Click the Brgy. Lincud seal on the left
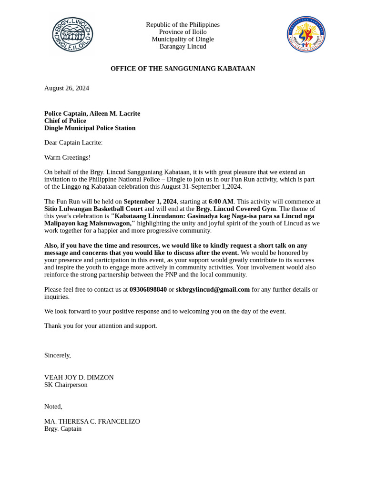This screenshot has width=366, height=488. click(72, 34)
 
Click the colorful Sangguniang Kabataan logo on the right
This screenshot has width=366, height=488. click(306, 34)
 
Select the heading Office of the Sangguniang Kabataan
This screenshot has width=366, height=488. click(183, 69)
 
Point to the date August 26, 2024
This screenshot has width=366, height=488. click(67, 88)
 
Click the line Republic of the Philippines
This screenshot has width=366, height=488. click(183, 25)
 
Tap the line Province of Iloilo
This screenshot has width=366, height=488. click(183, 32)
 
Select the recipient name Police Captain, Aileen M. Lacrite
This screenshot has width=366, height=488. click(92, 113)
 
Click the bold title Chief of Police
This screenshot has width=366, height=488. click(65, 121)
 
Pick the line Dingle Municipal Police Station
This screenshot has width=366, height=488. click(90, 128)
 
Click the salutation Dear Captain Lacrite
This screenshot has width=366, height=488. click(73, 142)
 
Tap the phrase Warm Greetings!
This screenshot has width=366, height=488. click(67, 157)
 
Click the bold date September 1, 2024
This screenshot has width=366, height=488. click(150, 202)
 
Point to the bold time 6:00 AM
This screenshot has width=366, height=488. click(221, 202)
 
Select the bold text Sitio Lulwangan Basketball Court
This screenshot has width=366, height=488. click(93, 209)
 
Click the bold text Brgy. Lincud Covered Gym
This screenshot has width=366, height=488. click(235, 209)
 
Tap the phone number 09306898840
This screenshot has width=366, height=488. click(148, 289)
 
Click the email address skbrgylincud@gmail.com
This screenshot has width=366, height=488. click(213, 289)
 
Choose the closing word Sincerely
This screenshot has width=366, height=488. click(57, 355)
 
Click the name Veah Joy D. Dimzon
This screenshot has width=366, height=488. click(79, 377)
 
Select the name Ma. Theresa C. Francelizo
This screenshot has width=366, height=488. click(92, 421)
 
